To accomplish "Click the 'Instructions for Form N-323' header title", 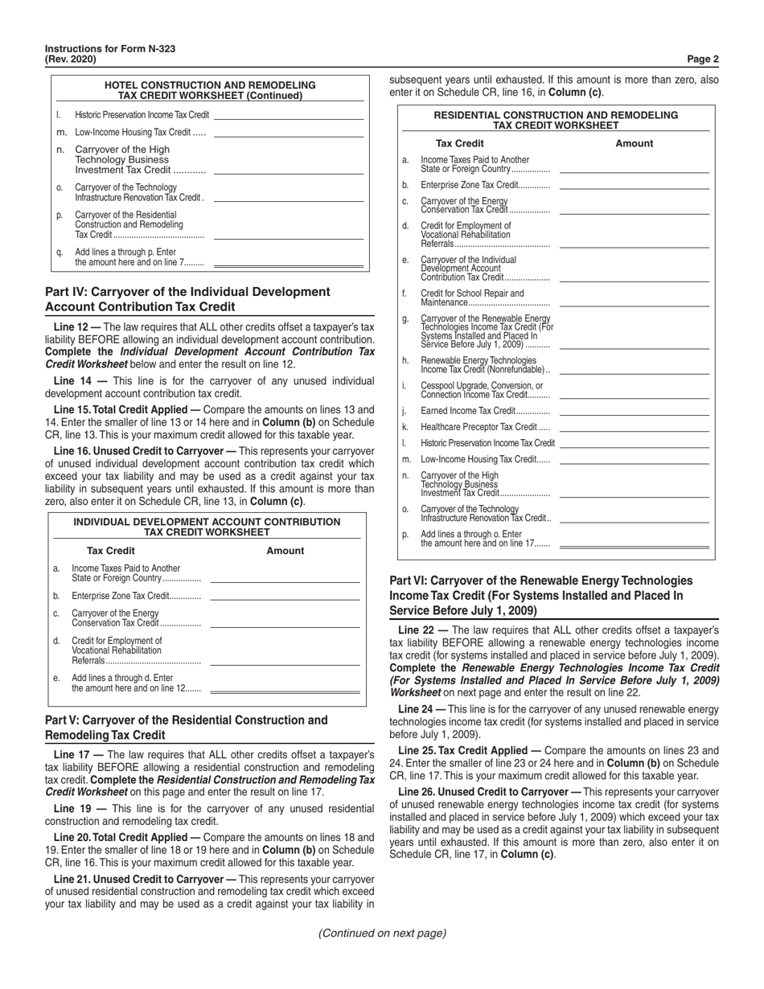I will [x=110, y=49].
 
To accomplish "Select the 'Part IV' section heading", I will [x=187, y=298].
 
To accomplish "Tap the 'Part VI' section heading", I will [x=540, y=594].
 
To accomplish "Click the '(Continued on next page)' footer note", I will [x=382, y=933].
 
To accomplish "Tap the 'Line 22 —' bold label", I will [x=422, y=631].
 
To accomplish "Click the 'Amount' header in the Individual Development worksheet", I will [x=285, y=551].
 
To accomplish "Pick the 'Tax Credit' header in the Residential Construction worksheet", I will [x=459, y=143].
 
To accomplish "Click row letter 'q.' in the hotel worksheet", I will [x=60, y=252].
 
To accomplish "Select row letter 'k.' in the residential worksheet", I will [x=405, y=427].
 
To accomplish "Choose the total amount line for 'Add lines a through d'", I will [x=285, y=691].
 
